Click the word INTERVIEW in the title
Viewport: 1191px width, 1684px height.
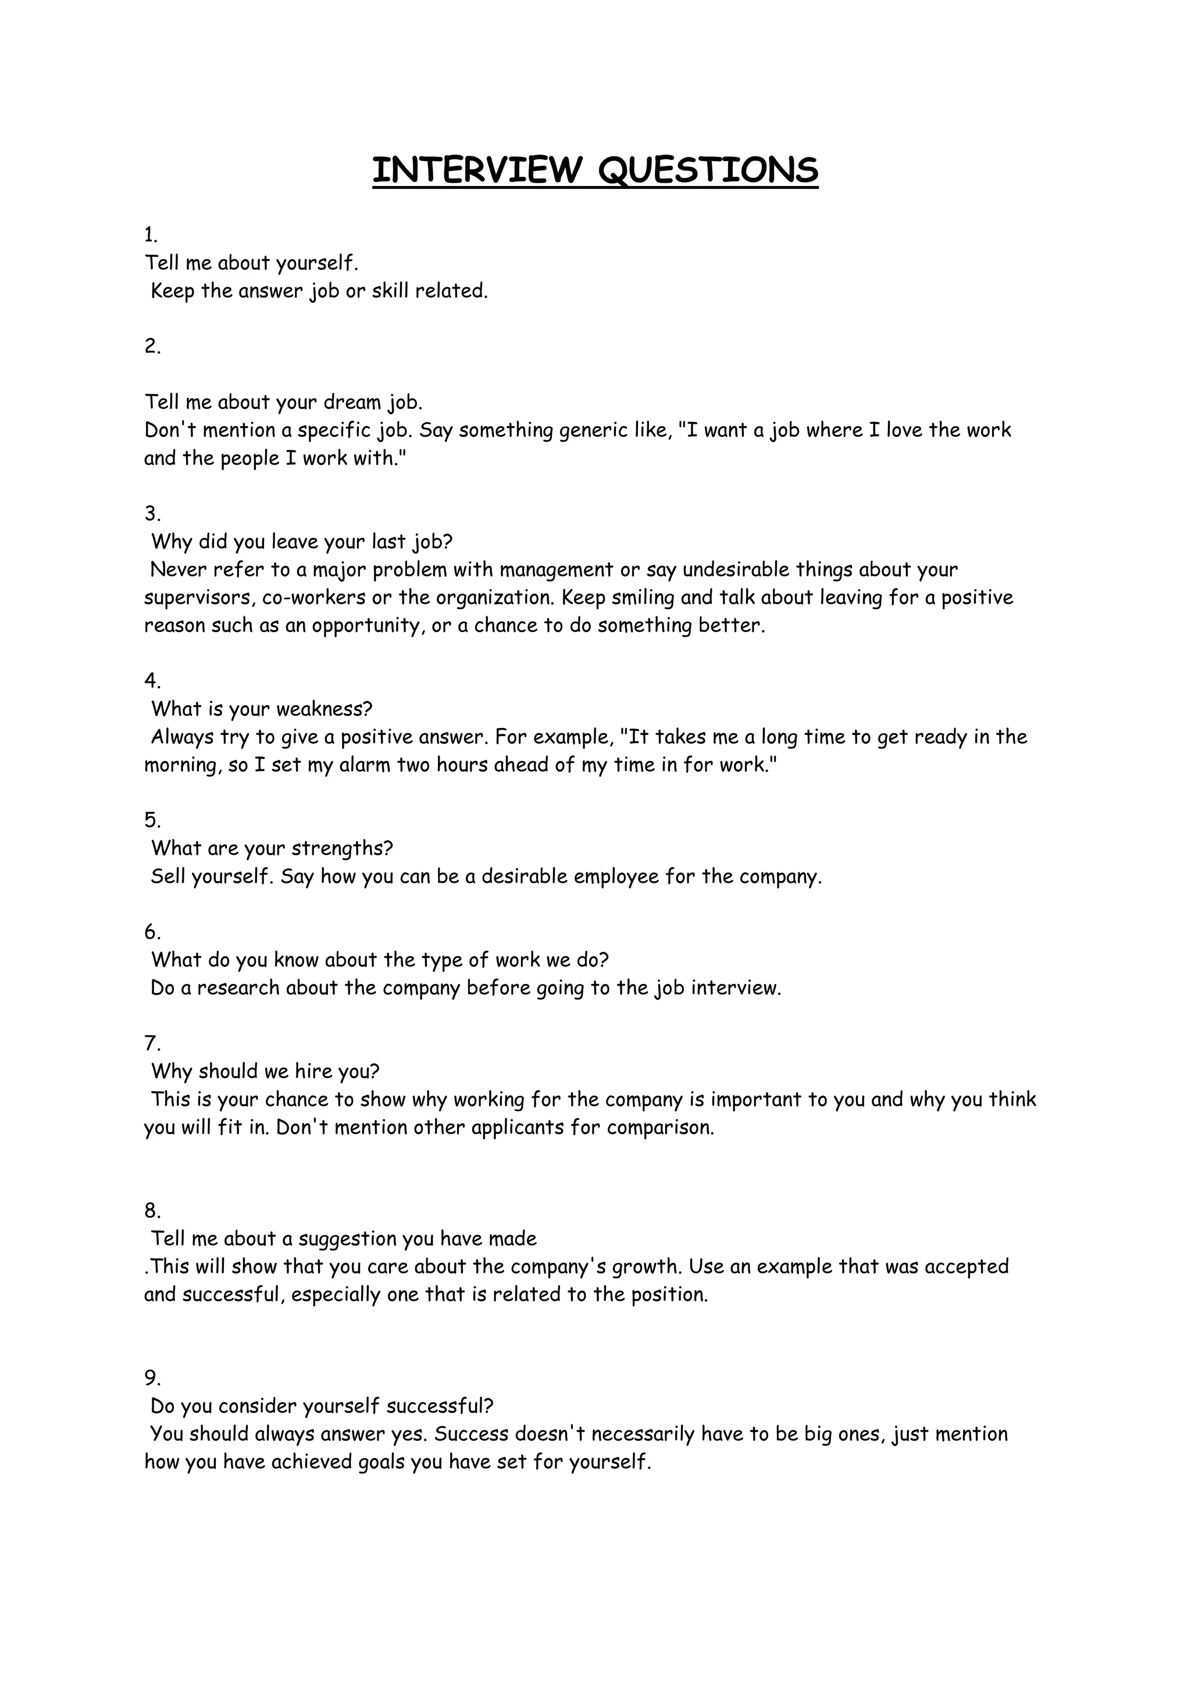click(476, 170)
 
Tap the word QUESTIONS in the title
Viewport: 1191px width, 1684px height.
click(708, 170)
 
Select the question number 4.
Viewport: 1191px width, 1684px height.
click(152, 681)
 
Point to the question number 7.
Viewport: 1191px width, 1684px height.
click(152, 1043)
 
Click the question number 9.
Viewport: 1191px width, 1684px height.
click(152, 1378)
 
